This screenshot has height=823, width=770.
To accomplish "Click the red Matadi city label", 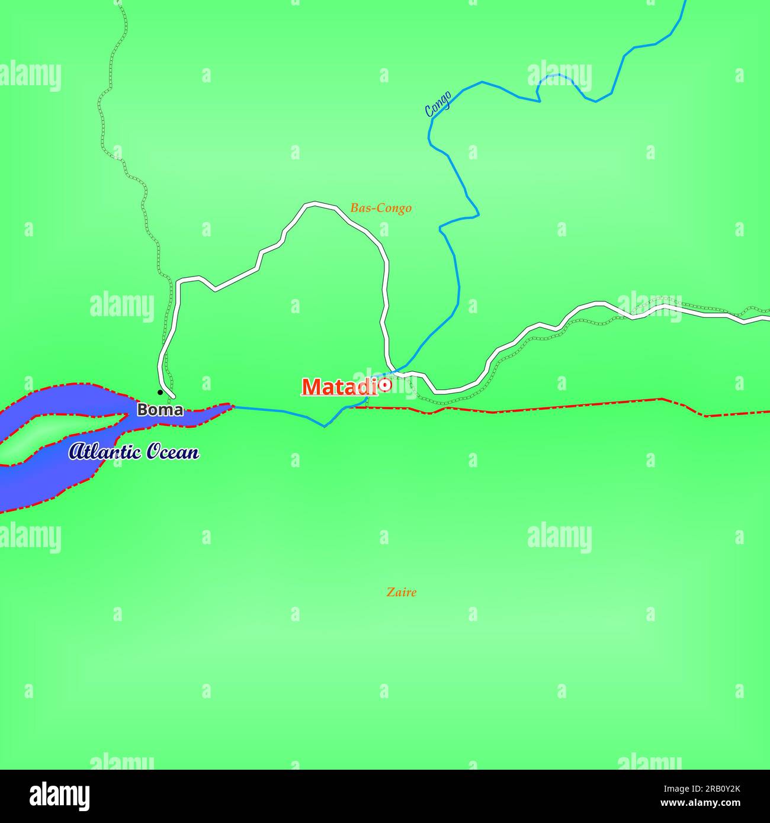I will coord(339,387).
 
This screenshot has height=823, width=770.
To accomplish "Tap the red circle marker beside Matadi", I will coord(385,385).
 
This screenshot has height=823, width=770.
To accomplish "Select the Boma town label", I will coord(160,410).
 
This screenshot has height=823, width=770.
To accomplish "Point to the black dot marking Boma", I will coord(160,392).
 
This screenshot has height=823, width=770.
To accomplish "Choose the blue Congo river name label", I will coord(438,103).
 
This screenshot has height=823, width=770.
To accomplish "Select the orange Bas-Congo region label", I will coord(381,208).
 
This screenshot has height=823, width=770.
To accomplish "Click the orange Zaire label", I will coord(401,591).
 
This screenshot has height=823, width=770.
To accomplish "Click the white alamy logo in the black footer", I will coord(60,796).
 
